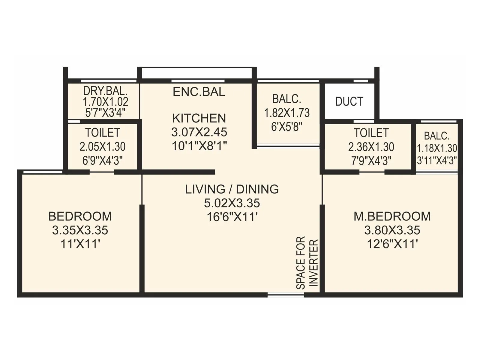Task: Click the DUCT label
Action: pos(349,101)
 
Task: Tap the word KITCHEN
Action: pos(199,118)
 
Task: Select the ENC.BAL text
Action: pos(199,91)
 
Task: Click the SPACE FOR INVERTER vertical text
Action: pos(307,263)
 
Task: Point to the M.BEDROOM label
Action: pos(392,216)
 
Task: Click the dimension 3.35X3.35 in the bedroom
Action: pos(80,230)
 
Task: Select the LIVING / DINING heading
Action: pos(232,189)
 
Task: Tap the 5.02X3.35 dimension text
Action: pos(232,203)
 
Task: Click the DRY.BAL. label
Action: pos(105,91)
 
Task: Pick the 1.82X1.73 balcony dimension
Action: pos(286,113)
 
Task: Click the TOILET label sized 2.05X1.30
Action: pos(102,132)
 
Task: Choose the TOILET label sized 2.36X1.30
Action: pos(371,133)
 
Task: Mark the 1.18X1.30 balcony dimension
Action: pos(437,148)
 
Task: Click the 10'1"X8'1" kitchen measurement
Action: pos(199,146)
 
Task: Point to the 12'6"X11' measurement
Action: pos(392,244)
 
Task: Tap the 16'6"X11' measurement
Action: pos(232,217)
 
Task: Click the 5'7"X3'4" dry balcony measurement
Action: pos(105,113)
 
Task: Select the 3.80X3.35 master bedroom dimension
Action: pos(392,230)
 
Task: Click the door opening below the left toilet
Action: pos(102,172)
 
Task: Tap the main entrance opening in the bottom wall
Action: pos(286,295)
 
